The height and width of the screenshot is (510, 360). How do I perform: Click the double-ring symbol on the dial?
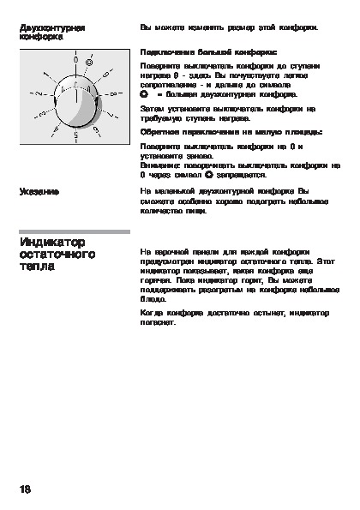(90, 63)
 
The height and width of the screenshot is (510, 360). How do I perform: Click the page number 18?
(25, 489)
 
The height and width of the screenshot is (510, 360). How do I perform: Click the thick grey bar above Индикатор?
(74, 231)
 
